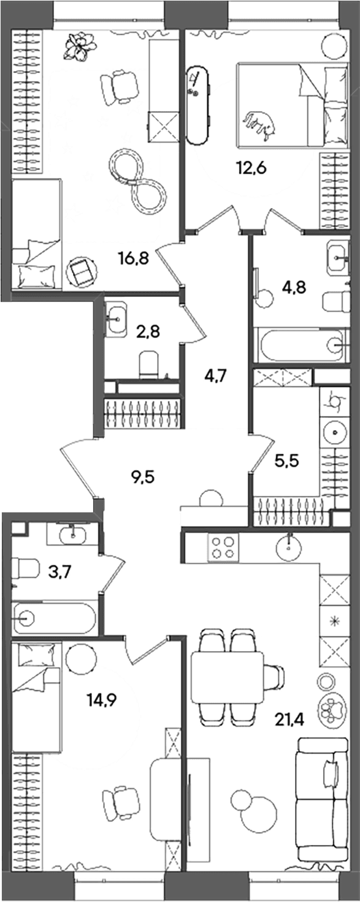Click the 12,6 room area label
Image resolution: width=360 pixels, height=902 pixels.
(251, 168)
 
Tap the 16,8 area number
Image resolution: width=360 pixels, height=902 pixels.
(134, 258)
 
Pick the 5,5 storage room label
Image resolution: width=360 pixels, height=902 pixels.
(286, 460)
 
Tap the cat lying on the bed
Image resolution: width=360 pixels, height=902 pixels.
(260, 125)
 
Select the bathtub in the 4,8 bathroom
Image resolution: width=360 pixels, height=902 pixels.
(303, 345)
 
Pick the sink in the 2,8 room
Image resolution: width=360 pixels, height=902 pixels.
(116, 319)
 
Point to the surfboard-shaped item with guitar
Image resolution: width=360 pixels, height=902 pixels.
(198, 106)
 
